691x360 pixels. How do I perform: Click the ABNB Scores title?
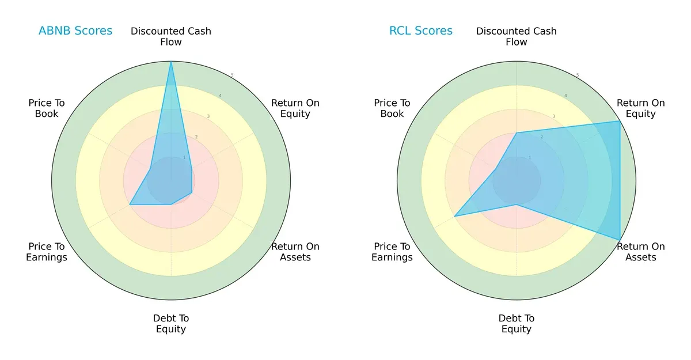(75, 31)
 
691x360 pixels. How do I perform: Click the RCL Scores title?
(421, 31)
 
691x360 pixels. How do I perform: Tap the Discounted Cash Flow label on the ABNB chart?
(171, 36)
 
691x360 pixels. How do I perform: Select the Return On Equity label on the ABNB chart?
(295, 108)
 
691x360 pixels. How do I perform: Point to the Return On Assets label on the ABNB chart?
(295, 252)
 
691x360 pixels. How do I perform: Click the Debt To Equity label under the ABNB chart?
(171, 324)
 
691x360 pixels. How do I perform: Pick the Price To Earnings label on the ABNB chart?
(47, 252)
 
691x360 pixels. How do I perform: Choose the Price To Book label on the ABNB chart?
(47, 108)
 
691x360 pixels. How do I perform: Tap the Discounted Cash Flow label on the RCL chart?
(517, 36)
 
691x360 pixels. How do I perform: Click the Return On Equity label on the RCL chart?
(641, 108)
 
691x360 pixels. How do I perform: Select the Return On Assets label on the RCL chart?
(641, 252)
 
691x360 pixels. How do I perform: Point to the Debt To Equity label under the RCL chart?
(517, 324)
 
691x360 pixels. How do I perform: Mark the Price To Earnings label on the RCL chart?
(392, 252)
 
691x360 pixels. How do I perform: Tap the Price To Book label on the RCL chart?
(392, 108)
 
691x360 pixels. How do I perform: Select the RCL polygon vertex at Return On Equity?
(620, 121)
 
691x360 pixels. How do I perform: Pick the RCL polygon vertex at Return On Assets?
(620, 240)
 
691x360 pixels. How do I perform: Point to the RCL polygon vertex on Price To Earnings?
(455, 216)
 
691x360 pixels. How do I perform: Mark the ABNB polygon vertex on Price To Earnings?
(130, 204)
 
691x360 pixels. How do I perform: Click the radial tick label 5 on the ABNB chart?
(231, 75)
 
